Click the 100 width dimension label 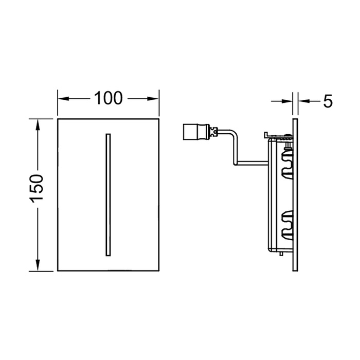pos(109,98)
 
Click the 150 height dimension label pos(37,189)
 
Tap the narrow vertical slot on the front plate pos(108,194)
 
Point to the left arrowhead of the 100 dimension pos(63,99)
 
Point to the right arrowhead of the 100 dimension pos(153,99)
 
